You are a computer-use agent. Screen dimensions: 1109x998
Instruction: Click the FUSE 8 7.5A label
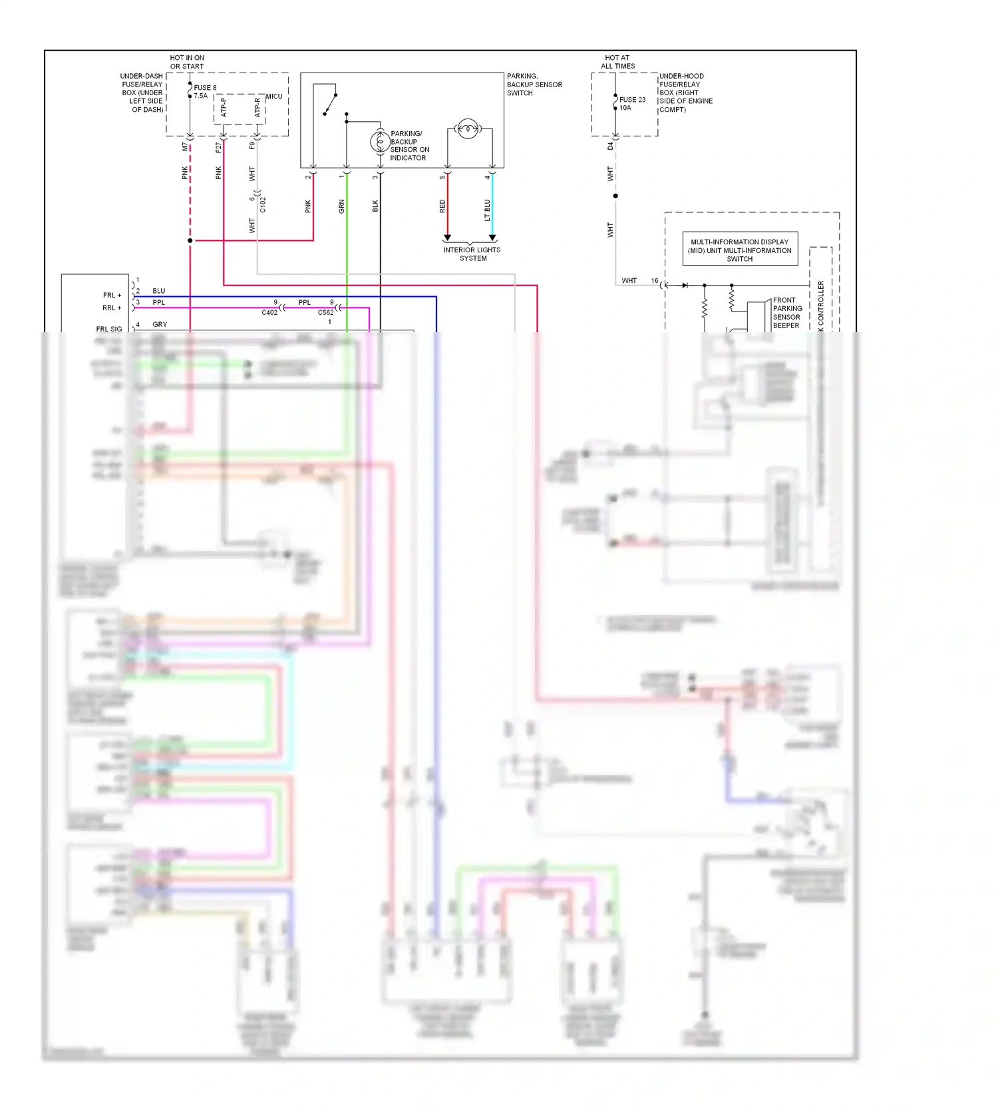tap(204, 92)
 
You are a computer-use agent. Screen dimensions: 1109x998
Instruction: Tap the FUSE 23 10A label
tap(631, 104)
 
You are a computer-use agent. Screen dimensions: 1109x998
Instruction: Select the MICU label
tap(274, 97)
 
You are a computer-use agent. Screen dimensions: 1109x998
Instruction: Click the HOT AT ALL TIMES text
tap(617, 62)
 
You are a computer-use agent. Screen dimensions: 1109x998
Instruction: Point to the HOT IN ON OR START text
tap(187, 62)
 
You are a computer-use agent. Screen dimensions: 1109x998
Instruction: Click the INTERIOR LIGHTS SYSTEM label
tap(472, 254)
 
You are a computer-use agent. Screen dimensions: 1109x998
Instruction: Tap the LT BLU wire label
tap(487, 210)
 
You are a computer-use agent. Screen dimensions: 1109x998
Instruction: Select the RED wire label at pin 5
tap(442, 206)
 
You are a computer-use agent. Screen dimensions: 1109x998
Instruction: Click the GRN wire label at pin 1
tap(342, 206)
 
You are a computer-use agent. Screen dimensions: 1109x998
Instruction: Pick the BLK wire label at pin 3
tap(375, 206)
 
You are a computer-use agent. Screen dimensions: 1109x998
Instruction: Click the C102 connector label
tap(263, 204)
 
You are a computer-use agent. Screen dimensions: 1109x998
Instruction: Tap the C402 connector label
tap(269, 313)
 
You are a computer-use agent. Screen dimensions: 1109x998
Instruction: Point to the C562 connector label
tap(325, 313)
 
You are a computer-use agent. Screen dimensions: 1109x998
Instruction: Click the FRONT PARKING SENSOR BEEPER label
tap(787, 313)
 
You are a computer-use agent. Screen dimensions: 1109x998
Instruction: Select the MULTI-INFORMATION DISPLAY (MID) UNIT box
tap(740, 250)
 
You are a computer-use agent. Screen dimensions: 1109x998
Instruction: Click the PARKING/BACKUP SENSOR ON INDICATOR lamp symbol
tap(380, 141)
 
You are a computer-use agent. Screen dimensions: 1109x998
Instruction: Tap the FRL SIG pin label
tap(109, 329)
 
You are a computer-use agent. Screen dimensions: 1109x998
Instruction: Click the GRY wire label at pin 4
tap(160, 324)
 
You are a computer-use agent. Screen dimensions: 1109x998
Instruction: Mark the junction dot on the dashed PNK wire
tap(190, 240)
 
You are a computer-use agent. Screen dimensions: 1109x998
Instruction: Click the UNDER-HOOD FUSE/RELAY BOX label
tap(685, 93)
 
